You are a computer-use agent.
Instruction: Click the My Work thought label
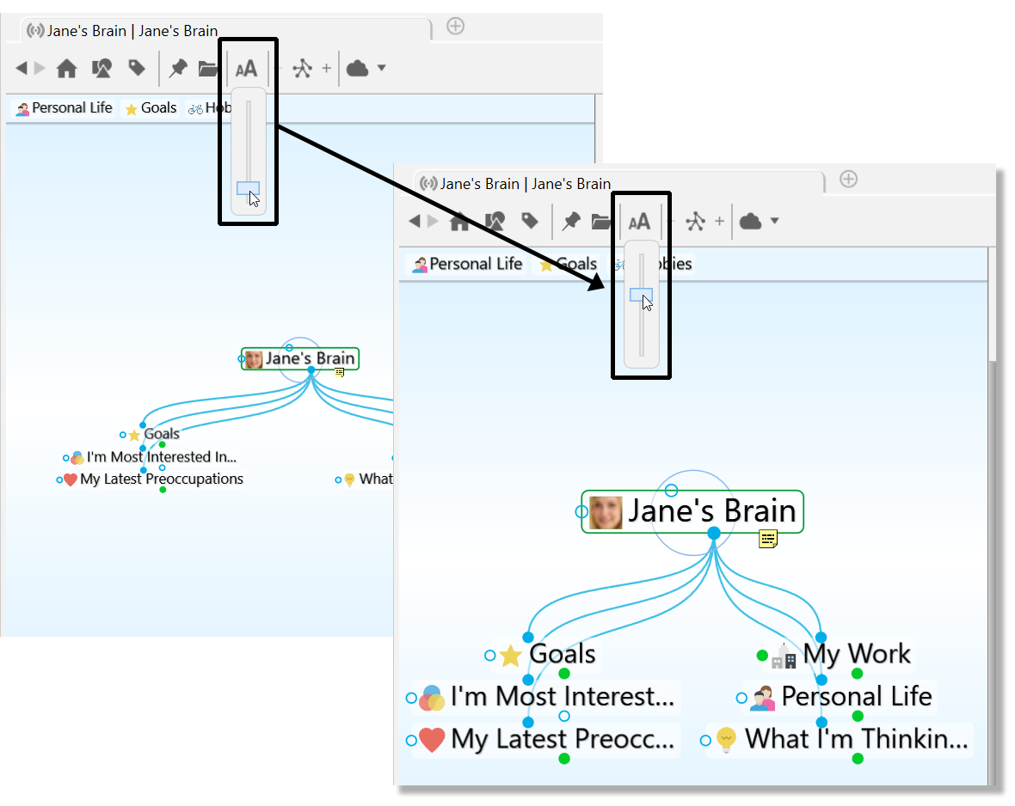pyautogui.click(x=856, y=655)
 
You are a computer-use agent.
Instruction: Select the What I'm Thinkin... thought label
pyautogui.click(x=856, y=739)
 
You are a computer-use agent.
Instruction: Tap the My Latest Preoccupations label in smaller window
pyautogui.click(x=162, y=479)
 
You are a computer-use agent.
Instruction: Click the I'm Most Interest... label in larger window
pyautogui.click(x=562, y=697)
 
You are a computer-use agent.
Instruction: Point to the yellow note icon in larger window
pyautogui.click(x=768, y=539)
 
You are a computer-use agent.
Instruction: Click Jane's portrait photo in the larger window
pyautogui.click(x=606, y=512)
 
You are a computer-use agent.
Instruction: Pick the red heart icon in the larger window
pyautogui.click(x=432, y=740)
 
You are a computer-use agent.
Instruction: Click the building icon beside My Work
pyautogui.click(x=784, y=657)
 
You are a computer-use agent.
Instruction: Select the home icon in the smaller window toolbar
pyautogui.click(x=66, y=69)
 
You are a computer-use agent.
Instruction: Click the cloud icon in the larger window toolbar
pyautogui.click(x=751, y=222)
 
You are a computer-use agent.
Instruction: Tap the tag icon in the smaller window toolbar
pyautogui.click(x=137, y=68)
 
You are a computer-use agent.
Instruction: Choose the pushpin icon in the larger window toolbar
pyautogui.click(x=570, y=222)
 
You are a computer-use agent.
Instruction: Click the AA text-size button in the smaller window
pyautogui.click(x=247, y=69)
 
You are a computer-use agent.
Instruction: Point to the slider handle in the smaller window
pyautogui.click(x=248, y=188)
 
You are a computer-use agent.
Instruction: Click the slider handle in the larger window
pyautogui.click(x=641, y=295)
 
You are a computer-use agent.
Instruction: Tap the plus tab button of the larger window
pyautogui.click(x=848, y=179)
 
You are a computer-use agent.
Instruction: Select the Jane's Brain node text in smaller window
pyautogui.click(x=311, y=359)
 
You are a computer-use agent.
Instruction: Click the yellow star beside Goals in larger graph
pyautogui.click(x=511, y=656)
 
